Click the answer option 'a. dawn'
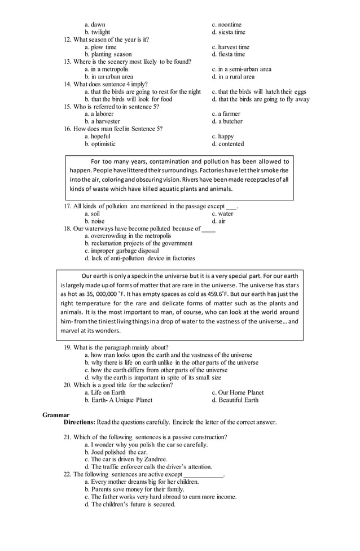[95, 25]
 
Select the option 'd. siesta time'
[229, 32]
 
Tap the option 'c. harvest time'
[230, 47]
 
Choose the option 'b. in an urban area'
[109, 77]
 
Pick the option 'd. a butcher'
[227, 121]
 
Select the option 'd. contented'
[228, 144]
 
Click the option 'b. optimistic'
[100, 144]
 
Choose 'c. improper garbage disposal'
[121, 251]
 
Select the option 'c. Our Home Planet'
[238, 392]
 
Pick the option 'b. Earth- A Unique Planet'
[118, 400]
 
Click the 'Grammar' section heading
[56, 415]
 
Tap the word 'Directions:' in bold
[79, 422]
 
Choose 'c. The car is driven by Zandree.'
[126, 460]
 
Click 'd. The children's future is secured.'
[130, 504]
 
